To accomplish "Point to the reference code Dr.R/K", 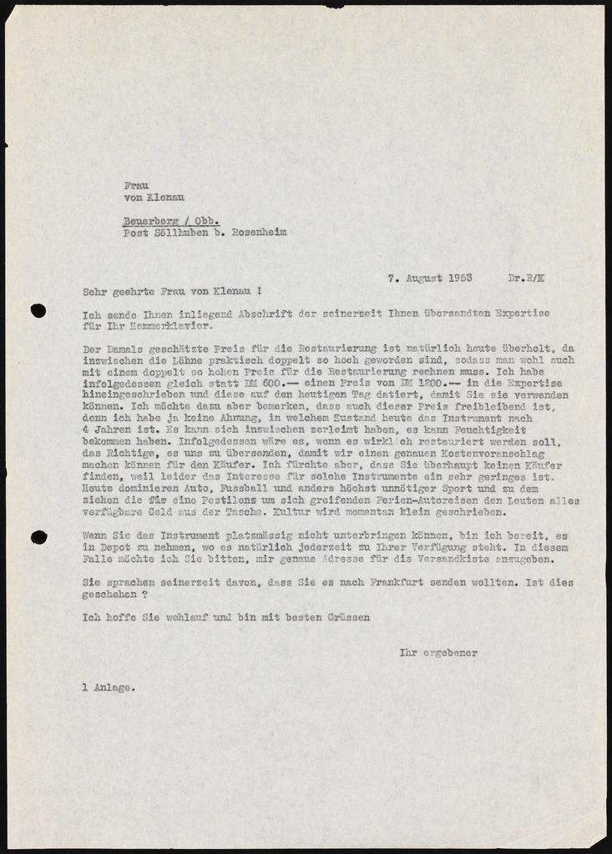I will point(526,279).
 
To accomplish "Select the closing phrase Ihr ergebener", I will point(439,653).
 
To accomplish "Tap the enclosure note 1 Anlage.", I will point(106,688).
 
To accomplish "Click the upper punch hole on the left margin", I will point(38,310).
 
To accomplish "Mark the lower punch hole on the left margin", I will point(39,537).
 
